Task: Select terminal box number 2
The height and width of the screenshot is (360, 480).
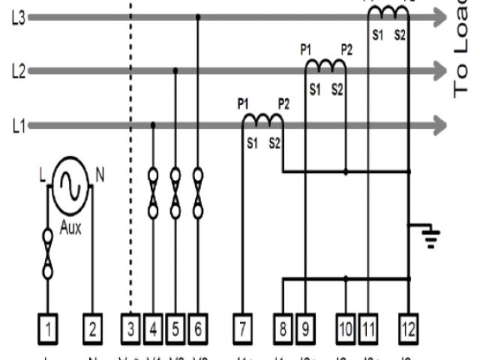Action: pos(91,328)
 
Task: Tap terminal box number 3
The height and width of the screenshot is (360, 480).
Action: pos(130,328)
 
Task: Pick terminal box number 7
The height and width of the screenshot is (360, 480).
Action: pos(242,328)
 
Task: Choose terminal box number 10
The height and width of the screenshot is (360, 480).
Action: pos(346,328)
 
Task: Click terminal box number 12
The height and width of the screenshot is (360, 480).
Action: pos(409,328)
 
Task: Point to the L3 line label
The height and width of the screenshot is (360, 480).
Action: pos(19,19)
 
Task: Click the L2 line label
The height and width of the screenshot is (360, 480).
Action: pos(19,71)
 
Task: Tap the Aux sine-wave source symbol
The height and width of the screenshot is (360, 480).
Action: pos(69,180)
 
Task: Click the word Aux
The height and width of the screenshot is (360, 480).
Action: pos(70,227)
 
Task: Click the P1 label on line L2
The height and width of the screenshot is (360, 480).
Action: pos(306,49)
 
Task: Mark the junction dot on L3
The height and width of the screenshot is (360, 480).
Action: pos(198,16)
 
